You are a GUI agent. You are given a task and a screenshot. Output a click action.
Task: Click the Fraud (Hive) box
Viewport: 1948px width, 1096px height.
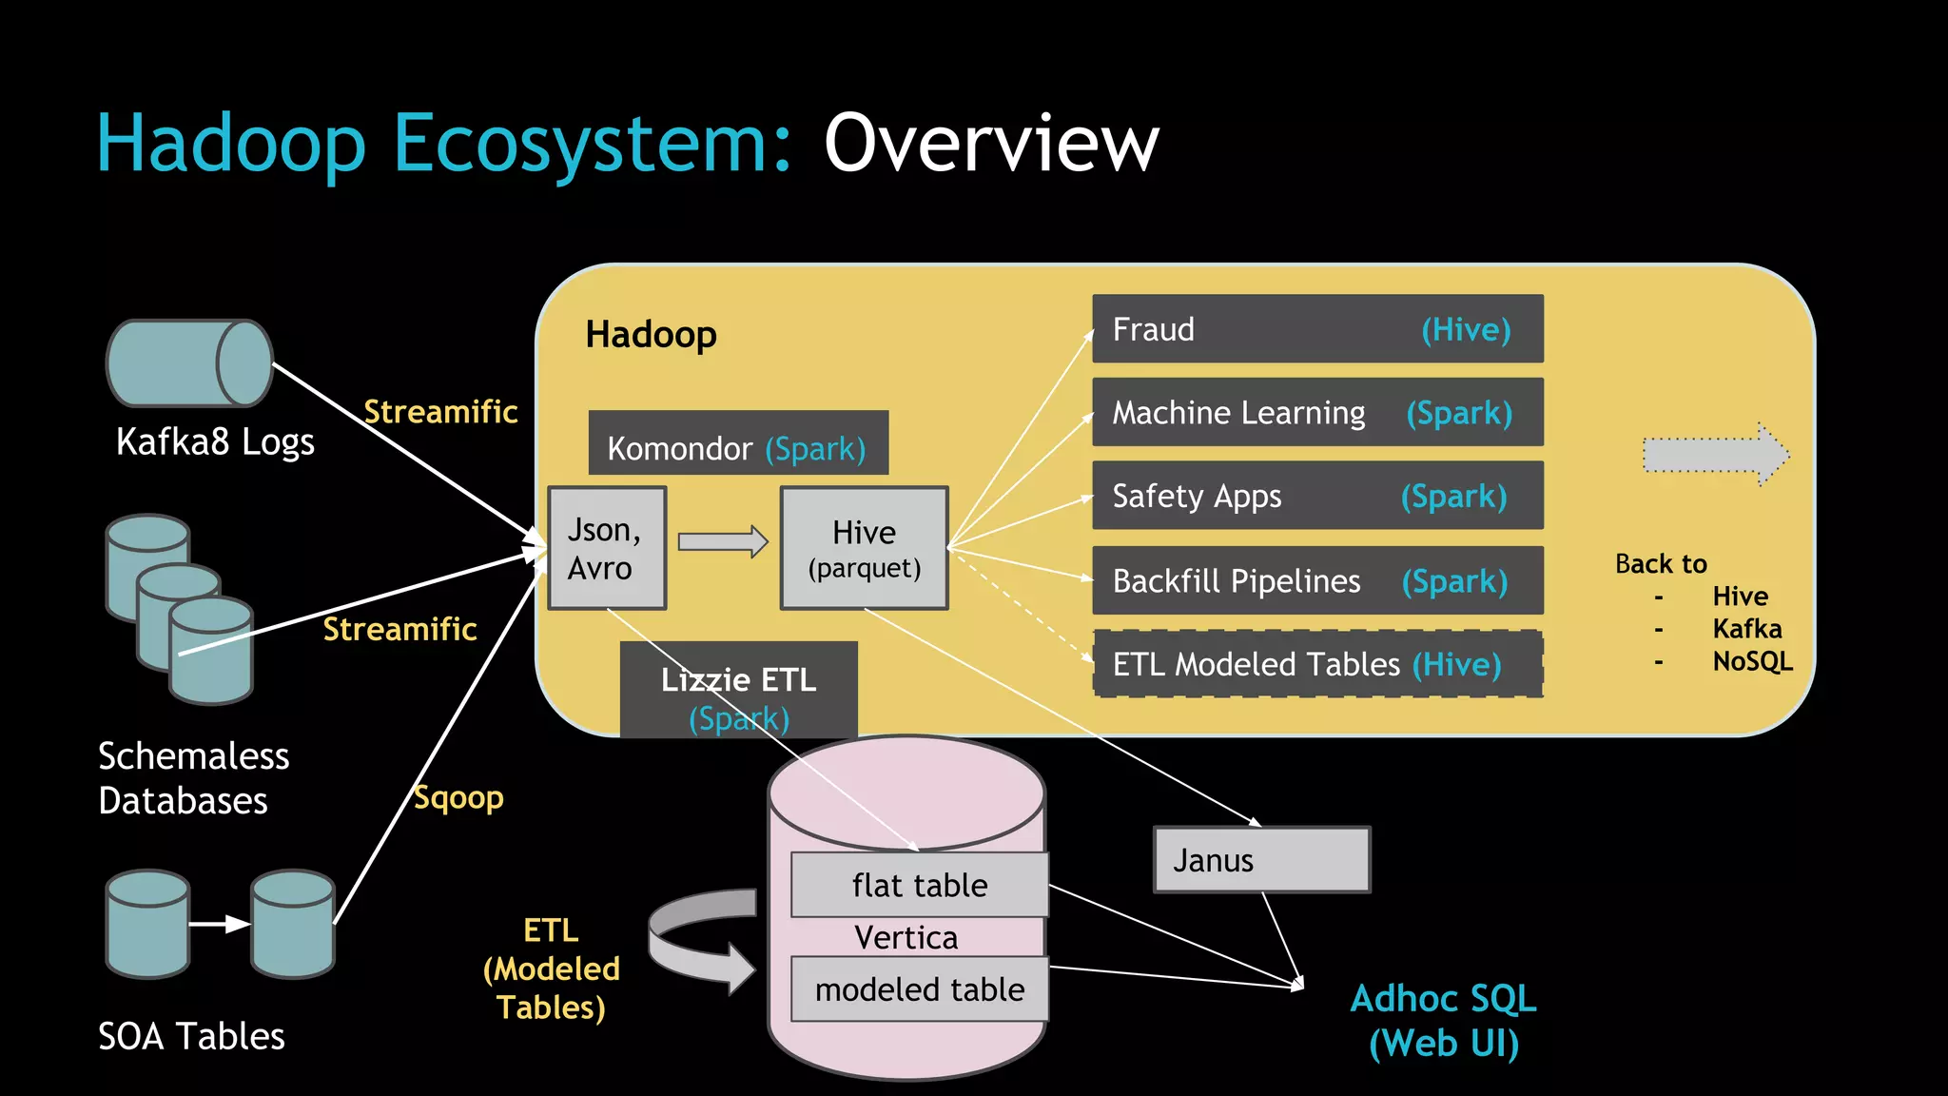pos(1317,329)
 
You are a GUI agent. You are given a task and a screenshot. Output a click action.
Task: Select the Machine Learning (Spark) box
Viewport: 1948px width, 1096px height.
pos(1317,413)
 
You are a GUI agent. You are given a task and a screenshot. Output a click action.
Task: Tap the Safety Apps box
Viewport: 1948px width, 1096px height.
pos(1317,496)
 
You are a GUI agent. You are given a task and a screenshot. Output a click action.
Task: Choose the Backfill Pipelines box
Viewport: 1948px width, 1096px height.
pos(1317,580)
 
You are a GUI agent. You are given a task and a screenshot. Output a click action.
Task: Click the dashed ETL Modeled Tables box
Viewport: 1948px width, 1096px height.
pos(1317,664)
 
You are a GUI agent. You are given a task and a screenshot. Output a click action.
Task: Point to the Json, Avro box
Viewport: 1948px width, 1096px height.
pos(607,548)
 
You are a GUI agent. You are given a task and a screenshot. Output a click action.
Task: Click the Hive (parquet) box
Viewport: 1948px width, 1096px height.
pos(864,548)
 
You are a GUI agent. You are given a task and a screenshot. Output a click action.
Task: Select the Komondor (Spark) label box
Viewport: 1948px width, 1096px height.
pos(738,444)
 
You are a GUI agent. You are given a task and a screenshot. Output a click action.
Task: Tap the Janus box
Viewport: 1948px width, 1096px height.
pos(1261,860)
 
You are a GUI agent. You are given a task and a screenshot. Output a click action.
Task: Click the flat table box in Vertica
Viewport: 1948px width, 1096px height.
pos(920,886)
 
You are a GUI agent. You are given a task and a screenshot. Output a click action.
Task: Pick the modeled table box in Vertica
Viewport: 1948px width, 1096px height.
pos(920,989)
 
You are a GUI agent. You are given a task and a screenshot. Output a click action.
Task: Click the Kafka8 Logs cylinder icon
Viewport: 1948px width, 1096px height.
pos(189,363)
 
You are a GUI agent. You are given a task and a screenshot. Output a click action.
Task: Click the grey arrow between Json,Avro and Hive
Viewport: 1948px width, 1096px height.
pos(722,542)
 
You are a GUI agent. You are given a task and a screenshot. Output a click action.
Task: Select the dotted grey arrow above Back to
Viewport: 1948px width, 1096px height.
pos(1715,455)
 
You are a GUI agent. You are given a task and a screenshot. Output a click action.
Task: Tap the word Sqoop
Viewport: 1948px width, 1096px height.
pos(458,797)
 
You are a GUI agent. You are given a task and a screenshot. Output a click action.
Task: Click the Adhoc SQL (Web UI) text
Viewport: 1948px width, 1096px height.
pos(1443,1020)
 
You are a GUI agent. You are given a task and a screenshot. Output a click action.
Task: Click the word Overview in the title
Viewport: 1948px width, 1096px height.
pos(991,144)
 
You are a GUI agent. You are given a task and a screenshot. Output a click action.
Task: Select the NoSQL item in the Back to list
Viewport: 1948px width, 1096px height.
pos(1752,661)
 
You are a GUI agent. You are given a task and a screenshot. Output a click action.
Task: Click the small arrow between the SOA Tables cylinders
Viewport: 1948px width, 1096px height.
pos(220,924)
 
